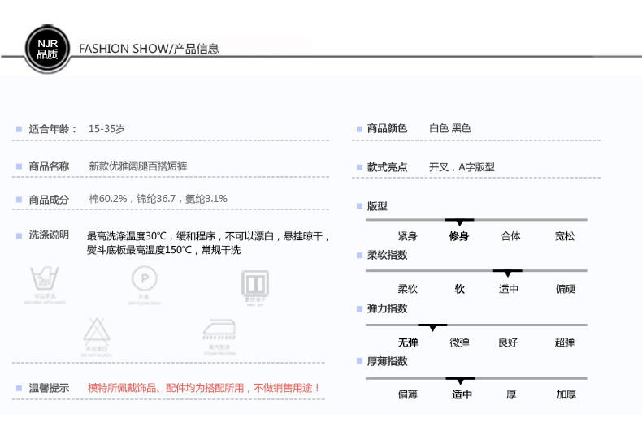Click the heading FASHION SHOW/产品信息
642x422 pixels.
tap(149, 49)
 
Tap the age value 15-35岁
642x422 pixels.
tap(106, 128)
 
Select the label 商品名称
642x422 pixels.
tap(49, 166)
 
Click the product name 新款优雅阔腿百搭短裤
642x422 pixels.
tap(138, 166)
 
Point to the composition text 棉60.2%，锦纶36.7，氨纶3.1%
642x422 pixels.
tap(158, 199)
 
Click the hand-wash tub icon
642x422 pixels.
tap(45, 282)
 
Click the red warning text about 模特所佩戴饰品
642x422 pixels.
tap(204, 388)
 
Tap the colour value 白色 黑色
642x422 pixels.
tap(450, 128)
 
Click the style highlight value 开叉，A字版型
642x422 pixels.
tap(462, 167)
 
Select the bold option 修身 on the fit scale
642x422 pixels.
tap(459, 236)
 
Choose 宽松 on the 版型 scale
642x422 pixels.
tap(565, 236)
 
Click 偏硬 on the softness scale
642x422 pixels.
tap(566, 289)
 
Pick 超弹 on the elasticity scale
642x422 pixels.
tap(565, 342)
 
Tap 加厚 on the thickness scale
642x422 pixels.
tap(566, 395)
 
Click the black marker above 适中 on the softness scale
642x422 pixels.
tap(508, 273)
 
